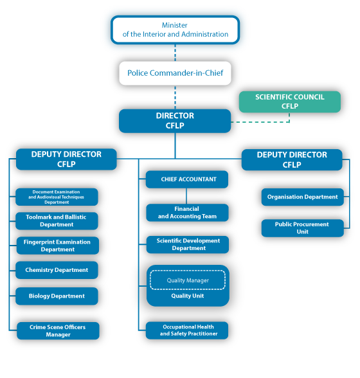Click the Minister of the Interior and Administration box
[175, 30]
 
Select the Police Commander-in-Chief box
[175, 73]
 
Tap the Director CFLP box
[175, 121]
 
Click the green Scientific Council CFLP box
[289, 102]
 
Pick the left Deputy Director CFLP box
[66, 159]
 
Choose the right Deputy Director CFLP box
[291, 159]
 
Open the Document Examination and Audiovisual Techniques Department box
[57, 197]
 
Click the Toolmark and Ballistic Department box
[57, 221]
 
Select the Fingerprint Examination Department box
[57, 246]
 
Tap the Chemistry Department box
[57, 270]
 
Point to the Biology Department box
[57, 296]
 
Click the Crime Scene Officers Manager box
[57, 331]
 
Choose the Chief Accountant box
[187, 179]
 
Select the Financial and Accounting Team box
[187, 213]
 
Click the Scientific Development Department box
[187, 244]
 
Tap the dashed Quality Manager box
[187, 280]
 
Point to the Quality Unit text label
[187, 296]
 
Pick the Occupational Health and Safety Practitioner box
[187, 330]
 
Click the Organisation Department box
[302, 197]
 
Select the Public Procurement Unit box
[302, 228]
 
